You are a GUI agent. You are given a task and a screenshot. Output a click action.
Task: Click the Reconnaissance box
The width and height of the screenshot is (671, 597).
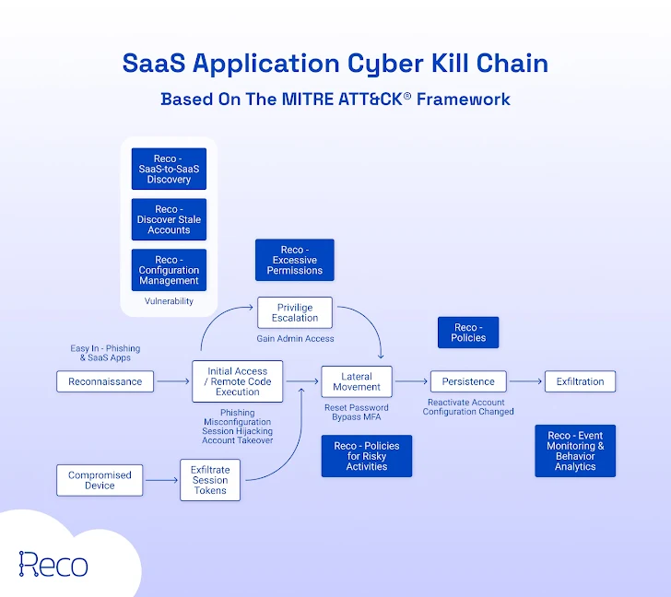pyautogui.click(x=105, y=381)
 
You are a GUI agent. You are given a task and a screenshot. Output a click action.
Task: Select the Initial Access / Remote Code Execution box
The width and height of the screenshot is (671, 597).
pyautogui.click(x=238, y=381)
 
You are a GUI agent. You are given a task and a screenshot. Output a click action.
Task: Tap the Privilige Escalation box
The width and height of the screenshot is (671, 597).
pyautogui.click(x=295, y=312)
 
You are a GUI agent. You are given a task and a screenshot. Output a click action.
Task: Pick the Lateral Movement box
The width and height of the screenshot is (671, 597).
pyautogui.click(x=357, y=381)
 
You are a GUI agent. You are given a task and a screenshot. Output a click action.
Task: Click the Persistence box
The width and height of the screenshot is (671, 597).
pyautogui.click(x=468, y=381)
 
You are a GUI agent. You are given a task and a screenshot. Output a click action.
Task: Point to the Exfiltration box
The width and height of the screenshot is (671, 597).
pyautogui.click(x=580, y=381)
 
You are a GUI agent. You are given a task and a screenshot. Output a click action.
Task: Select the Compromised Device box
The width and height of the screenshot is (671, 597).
pyautogui.click(x=100, y=480)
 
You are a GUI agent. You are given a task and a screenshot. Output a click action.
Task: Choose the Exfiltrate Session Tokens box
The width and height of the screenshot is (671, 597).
pyautogui.click(x=210, y=480)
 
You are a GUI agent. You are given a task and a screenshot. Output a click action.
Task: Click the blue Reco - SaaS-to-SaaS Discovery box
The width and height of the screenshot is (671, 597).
pyautogui.click(x=169, y=169)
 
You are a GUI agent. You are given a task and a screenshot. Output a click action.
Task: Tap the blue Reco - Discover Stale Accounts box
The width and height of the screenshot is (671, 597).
pyautogui.click(x=169, y=219)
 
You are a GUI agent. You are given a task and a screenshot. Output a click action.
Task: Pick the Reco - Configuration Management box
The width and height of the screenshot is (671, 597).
pyautogui.click(x=169, y=270)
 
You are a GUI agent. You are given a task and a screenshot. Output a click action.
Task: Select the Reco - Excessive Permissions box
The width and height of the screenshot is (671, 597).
pyautogui.click(x=295, y=260)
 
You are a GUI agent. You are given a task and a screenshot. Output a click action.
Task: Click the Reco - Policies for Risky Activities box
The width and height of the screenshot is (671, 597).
pyautogui.click(x=367, y=456)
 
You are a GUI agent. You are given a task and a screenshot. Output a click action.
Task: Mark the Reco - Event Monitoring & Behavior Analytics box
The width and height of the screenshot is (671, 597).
pyautogui.click(x=575, y=451)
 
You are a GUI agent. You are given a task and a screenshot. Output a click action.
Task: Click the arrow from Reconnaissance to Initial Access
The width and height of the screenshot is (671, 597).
pyautogui.click(x=173, y=381)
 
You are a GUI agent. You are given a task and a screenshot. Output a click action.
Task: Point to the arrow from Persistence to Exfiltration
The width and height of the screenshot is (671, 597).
pyautogui.click(x=525, y=381)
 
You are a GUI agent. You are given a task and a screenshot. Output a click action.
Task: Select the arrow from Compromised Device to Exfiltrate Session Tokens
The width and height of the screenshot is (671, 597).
pyautogui.click(x=162, y=480)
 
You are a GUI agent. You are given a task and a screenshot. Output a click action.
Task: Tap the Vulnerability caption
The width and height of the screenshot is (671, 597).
pyautogui.click(x=169, y=301)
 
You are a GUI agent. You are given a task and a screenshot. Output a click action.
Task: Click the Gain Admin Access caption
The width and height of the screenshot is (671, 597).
pyautogui.click(x=295, y=339)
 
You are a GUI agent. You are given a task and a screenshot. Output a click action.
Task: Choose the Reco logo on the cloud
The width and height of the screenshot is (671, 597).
pyautogui.click(x=53, y=564)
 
